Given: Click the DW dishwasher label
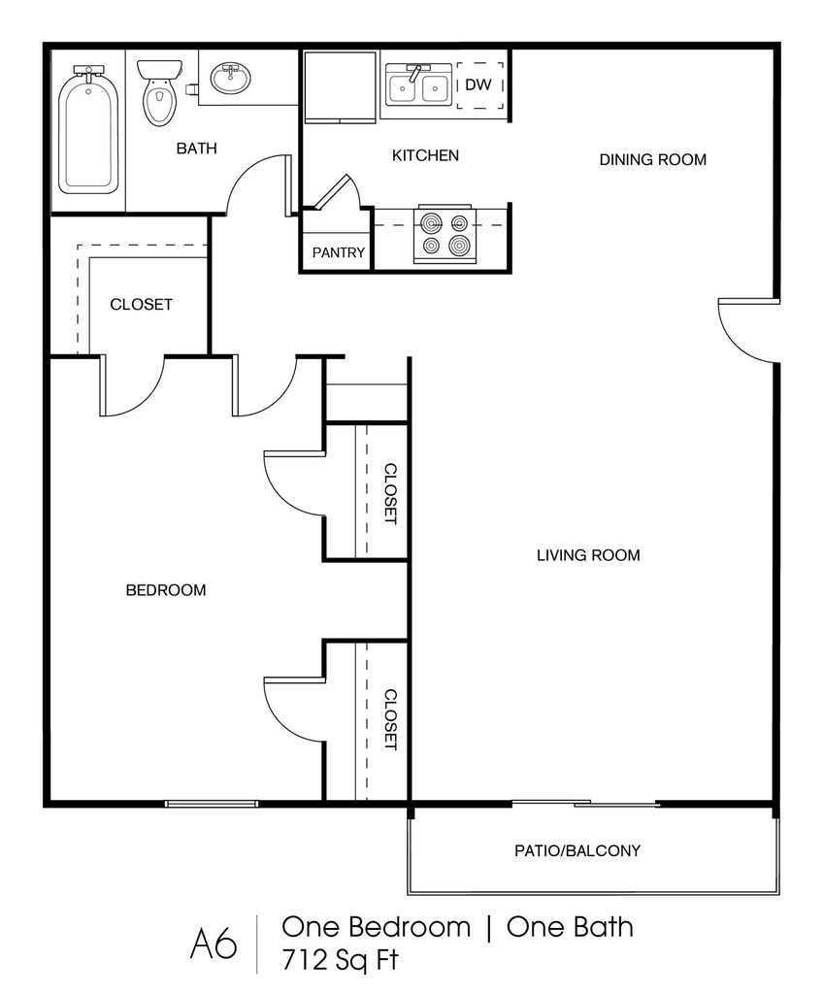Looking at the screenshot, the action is (478, 84).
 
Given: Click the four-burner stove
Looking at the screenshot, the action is (445, 234).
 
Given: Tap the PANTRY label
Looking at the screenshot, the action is (339, 252).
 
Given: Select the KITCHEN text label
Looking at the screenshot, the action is (425, 155).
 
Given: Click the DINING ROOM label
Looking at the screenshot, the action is (653, 160).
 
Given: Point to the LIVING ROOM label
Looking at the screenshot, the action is (588, 555).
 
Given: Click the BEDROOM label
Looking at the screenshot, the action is (166, 590).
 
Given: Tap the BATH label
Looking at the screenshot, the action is (197, 149).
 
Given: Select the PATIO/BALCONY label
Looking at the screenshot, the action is (577, 850).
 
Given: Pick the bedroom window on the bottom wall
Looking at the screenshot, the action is (212, 804).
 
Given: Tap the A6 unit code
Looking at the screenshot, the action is (214, 944).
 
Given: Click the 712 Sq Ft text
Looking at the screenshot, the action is (340, 960).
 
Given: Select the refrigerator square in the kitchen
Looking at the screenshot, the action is (341, 86).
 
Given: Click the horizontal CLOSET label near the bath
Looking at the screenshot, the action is (142, 305).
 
